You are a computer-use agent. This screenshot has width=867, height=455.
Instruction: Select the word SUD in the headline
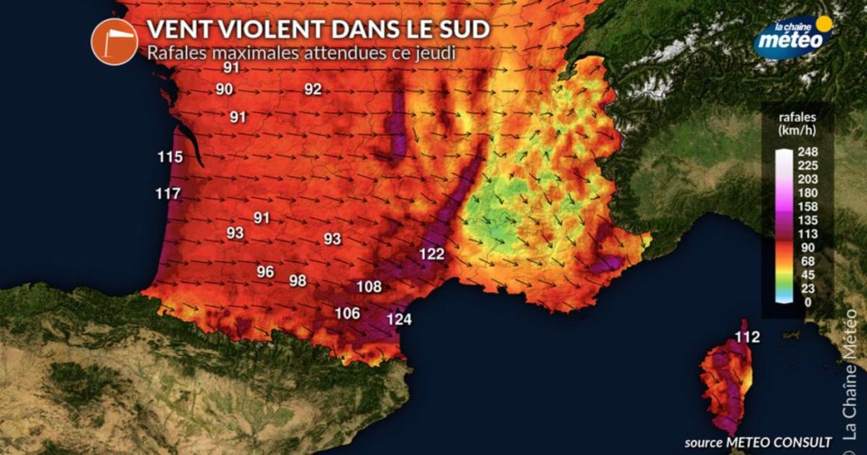click(x=464, y=30)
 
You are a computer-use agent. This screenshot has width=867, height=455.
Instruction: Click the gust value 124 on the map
click(x=400, y=319)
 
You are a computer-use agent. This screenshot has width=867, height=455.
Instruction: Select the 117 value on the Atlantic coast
click(x=168, y=195)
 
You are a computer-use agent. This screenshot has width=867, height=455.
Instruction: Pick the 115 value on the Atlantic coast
click(x=169, y=156)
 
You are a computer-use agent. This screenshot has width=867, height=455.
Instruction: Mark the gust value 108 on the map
click(x=369, y=287)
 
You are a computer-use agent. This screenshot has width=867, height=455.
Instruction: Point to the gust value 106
click(x=347, y=313)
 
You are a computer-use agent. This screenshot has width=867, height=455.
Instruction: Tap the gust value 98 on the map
click(x=297, y=281)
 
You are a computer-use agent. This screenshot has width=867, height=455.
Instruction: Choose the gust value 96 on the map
click(x=266, y=271)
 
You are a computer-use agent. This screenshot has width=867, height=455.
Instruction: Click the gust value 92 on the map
click(x=313, y=90)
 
